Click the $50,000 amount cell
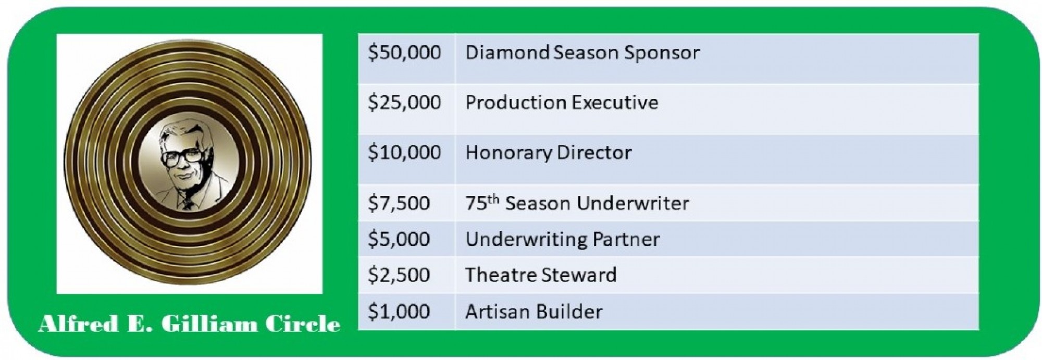(x=406, y=58)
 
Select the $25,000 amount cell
(x=406, y=108)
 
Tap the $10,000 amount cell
(x=406, y=159)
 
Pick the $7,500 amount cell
(x=406, y=203)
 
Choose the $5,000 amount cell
(x=406, y=239)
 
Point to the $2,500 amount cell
(x=406, y=275)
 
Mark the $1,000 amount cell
(x=406, y=312)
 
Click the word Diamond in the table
(x=507, y=52)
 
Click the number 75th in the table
(x=482, y=202)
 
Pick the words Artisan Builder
(x=534, y=312)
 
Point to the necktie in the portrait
(x=188, y=204)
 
